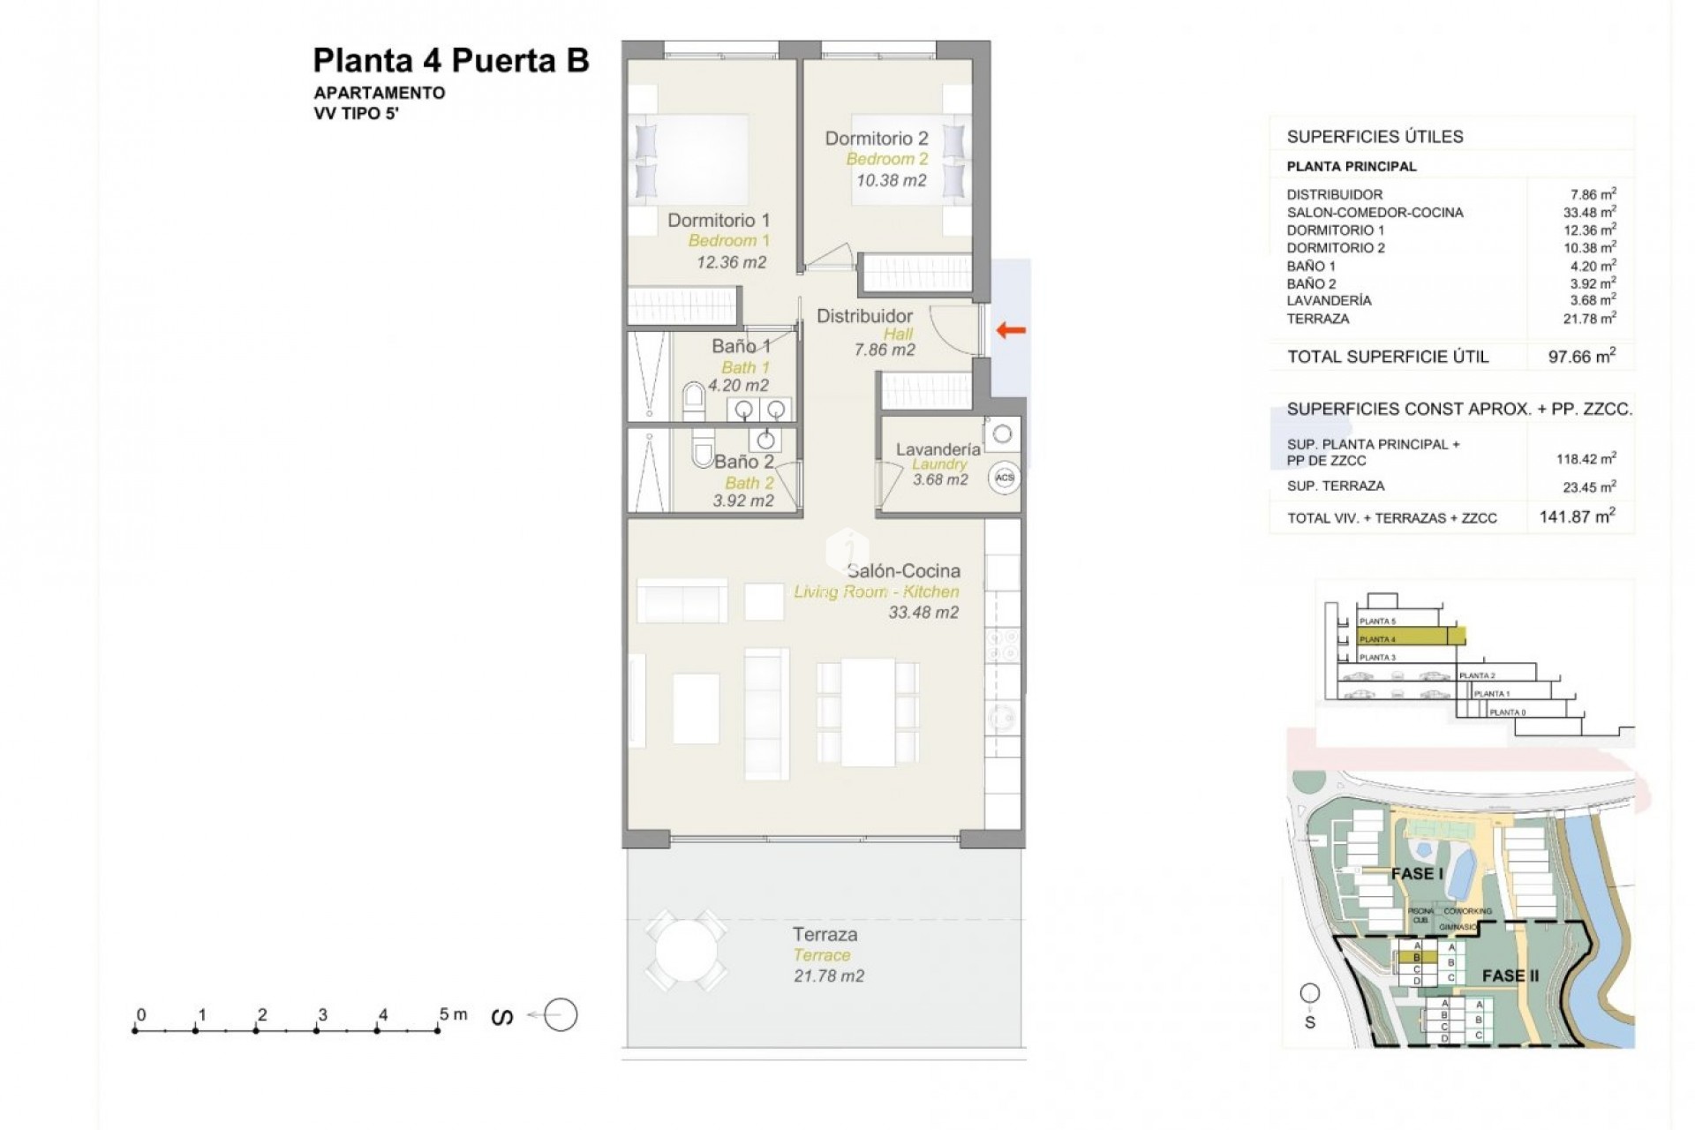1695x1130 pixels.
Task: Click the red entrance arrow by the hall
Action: coord(1011,331)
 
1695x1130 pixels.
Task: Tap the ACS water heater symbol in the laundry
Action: coord(1004,478)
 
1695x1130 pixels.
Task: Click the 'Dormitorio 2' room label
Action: coord(876,139)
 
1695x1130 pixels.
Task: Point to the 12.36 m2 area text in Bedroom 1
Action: coord(731,262)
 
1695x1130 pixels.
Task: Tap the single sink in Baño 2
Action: coord(765,440)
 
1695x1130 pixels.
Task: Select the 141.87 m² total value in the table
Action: coord(1577,516)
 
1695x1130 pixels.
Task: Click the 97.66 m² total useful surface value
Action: coord(1581,356)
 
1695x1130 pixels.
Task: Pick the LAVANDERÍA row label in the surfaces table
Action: coord(1329,301)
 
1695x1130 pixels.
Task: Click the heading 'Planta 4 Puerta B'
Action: coord(450,61)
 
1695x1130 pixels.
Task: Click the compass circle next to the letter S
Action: coord(561,1015)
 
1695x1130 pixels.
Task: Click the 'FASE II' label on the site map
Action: coord(1510,976)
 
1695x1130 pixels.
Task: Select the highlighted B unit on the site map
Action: coord(1416,958)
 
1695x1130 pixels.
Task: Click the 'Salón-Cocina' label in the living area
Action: coord(902,571)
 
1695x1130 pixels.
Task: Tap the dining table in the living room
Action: coord(868,712)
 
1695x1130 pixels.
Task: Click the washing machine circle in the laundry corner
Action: coord(1002,433)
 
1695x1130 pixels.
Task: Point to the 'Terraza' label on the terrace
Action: coord(824,934)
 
